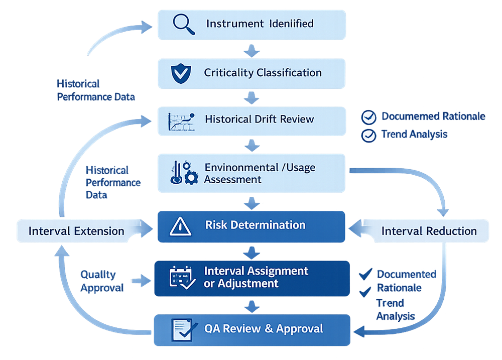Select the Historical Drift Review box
coord(252,121)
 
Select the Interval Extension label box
coord(76,231)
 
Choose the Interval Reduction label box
coord(429,231)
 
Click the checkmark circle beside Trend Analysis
coord(369,135)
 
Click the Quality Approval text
coord(102,281)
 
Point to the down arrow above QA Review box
coord(252,306)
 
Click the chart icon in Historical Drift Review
coord(181,121)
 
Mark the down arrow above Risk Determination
coord(252,202)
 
